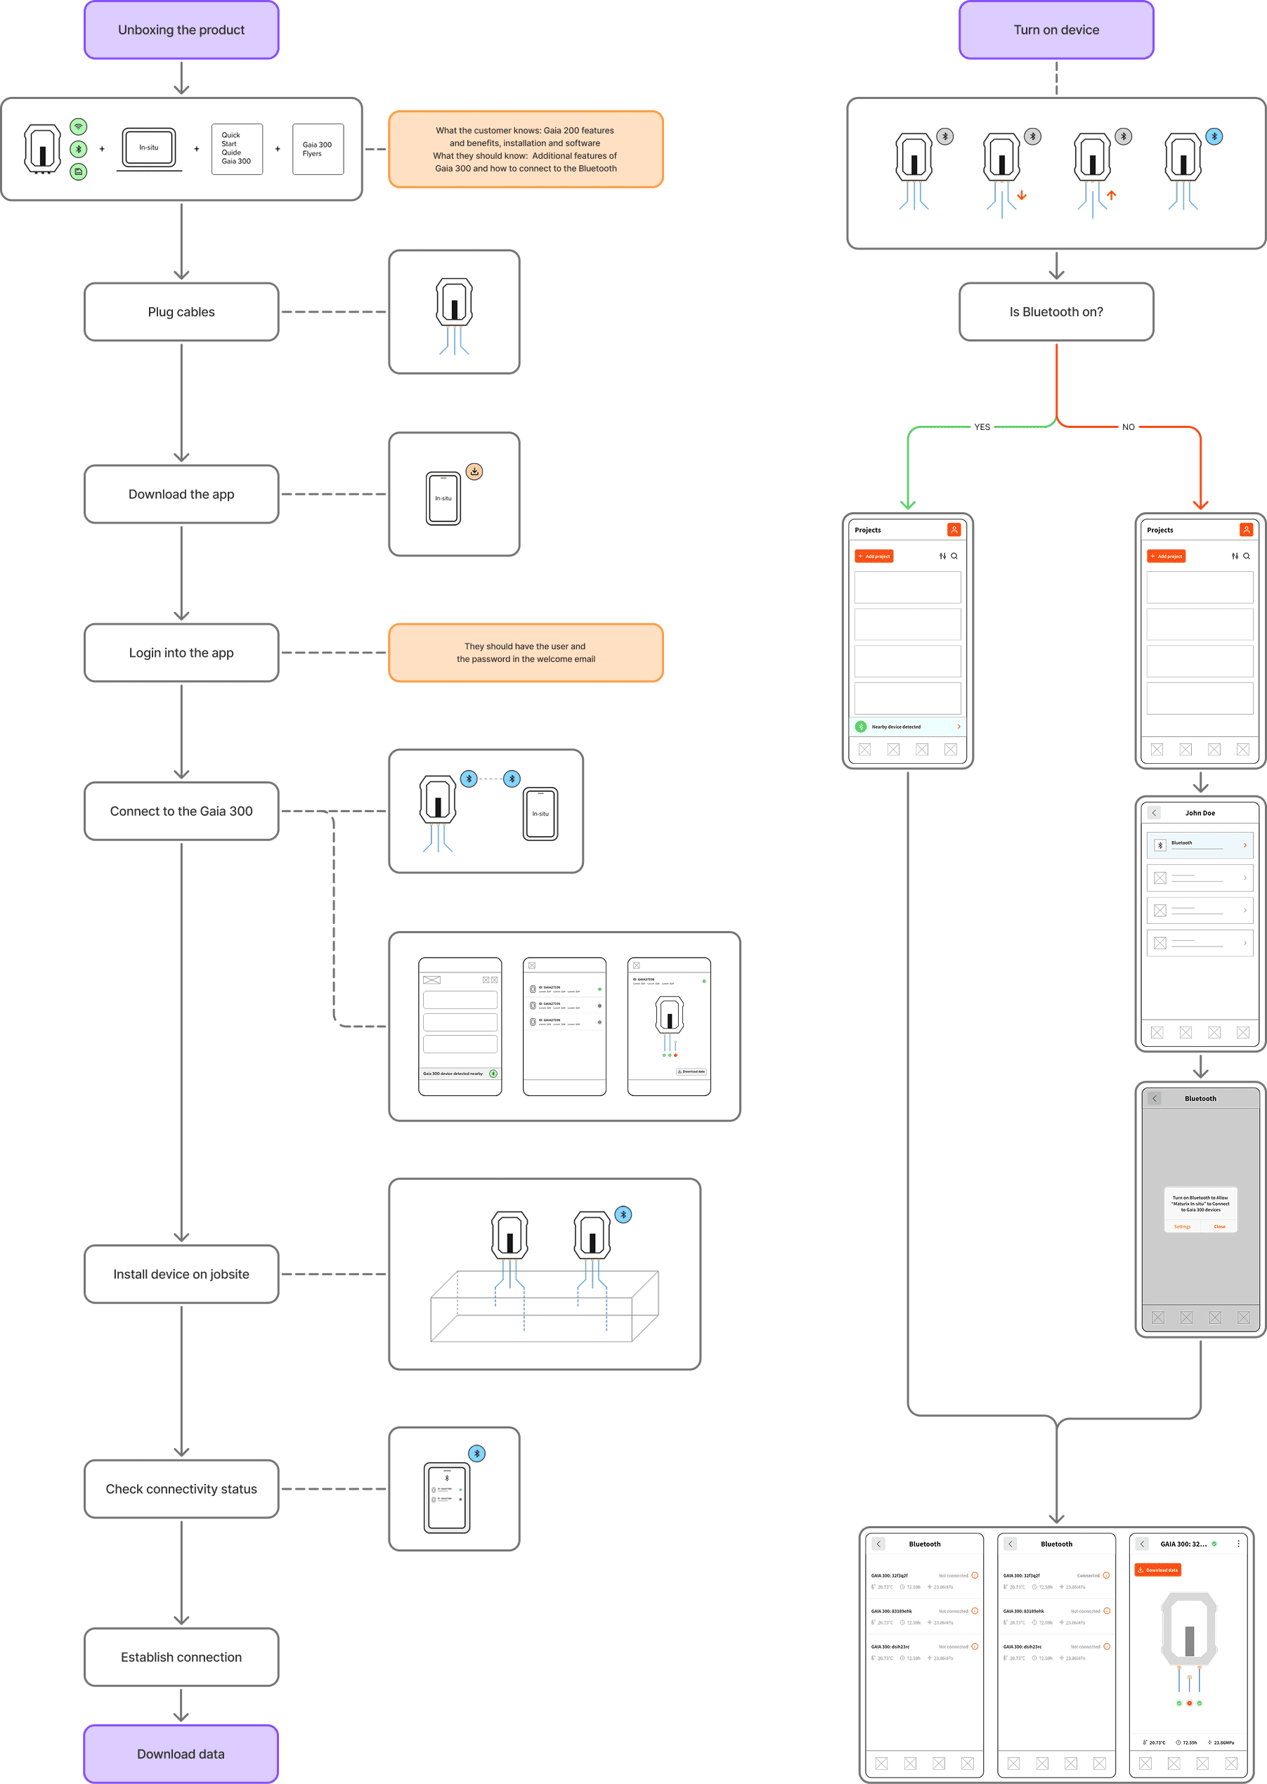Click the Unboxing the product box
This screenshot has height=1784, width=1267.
click(x=181, y=30)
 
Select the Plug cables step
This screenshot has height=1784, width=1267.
click(x=181, y=311)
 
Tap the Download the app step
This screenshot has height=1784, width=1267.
click(x=181, y=494)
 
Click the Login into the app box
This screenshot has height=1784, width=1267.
click(x=181, y=652)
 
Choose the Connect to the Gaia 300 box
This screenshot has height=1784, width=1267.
click(x=181, y=810)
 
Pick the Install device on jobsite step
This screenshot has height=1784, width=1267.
click(x=181, y=1274)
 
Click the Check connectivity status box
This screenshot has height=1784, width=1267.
click(x=181, y=1488)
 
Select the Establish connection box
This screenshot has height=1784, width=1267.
click(x=181, y=1657)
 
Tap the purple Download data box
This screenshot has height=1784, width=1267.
click(x=181, y=1754)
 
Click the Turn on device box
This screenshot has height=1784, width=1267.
click(x=1055, y=30)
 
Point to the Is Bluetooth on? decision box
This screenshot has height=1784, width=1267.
click(x=1055, y=311)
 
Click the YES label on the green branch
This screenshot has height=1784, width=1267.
click(x=982, y=427)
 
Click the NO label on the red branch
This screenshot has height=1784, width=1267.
click(x=1128, y=427)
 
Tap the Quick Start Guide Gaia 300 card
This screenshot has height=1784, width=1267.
click(x=236, y=148)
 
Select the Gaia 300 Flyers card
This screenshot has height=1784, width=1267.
click(x=318, y=148)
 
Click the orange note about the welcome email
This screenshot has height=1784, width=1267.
click(x=525, y=652)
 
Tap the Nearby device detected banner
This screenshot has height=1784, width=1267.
click(x=907, y=727)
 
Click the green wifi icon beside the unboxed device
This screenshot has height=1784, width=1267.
click(x=78, y=126)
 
